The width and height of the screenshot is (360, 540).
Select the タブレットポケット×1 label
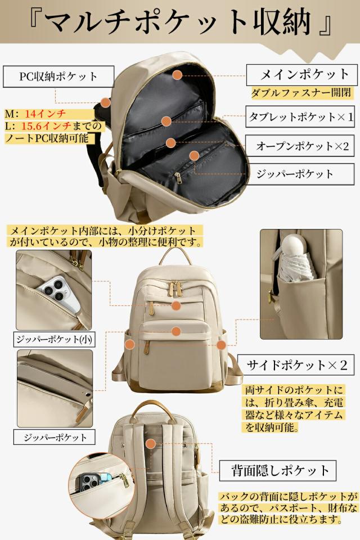click(300, 118)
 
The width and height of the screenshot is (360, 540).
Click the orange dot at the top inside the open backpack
click(178, 74)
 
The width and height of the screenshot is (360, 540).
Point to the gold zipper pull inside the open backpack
click(178, 179)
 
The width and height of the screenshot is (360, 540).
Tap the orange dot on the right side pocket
click(222, 345)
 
